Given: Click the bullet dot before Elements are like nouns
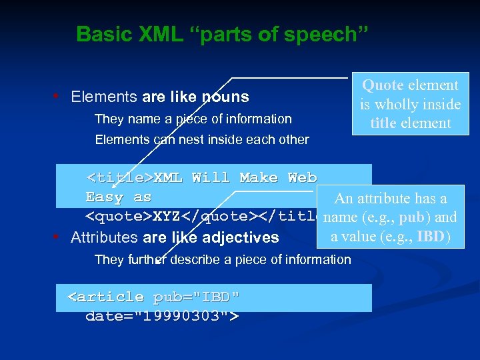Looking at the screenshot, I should point(61,97).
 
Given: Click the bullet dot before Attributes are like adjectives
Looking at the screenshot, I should point(61,237).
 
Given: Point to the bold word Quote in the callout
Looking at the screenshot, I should point(383,85).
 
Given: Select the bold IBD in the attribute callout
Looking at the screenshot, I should point(437,237).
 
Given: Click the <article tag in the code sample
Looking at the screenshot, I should point(107,297).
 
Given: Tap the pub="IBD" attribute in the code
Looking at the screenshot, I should point(196,297).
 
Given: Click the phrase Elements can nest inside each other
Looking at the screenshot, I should point(202,140).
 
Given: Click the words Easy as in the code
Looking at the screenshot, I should point(118,197).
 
